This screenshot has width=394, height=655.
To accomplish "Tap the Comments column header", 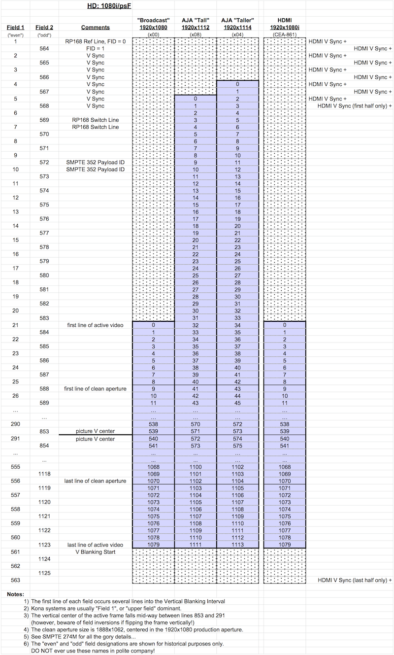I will pyautogui.click(x=96, y=28).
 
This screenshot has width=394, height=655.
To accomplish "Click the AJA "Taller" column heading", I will pyautogui.click(x=236, y=24).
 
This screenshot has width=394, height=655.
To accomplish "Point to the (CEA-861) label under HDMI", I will pyautogui.click(x=285, y=34).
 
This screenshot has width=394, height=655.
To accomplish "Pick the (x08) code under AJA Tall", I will pyautogui.click(x=196, y=34).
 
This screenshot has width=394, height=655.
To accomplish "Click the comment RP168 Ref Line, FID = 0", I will pyautogui.click(x=95, y=41).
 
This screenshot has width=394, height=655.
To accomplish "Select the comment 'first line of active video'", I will pyautogui.click(x=95, y=325).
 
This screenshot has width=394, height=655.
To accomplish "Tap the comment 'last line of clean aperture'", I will pyautogui.click(x=95, y=481).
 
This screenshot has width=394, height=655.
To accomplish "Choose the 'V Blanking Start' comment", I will pyautogui.click(x=95, y=552).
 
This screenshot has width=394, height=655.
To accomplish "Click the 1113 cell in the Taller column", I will pyautogui.click(x=237, y=545).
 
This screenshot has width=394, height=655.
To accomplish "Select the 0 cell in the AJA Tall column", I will pyautogui.click(x=196, y=99).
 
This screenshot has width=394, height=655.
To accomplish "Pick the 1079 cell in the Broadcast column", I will pyautogui.click(x=153, y=545).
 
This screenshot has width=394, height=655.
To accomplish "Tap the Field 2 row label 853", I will pyautogui.click(x=44, y=431).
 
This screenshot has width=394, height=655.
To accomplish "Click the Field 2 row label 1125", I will pyautogui.click(x=44, y=573).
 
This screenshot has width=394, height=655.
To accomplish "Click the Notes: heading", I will pyautogui.click(x=15, y=594).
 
